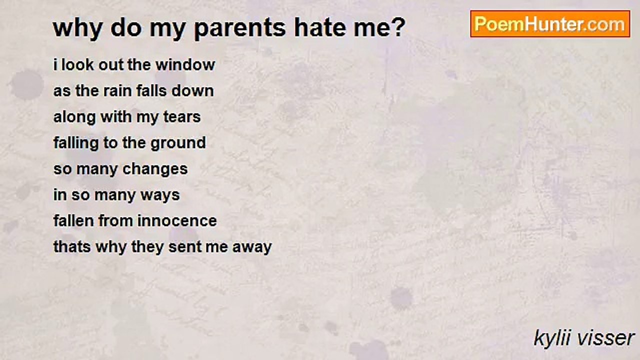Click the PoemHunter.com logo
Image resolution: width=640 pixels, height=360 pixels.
click(550, 24)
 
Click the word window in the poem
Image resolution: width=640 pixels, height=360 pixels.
click(185, 64)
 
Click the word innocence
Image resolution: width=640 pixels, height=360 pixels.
click(177, 221)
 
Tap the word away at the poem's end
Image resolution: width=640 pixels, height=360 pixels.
click(252, 247)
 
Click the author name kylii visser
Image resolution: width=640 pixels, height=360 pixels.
click(584, 338)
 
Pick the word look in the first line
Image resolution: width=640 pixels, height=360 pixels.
click(77, 64)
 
